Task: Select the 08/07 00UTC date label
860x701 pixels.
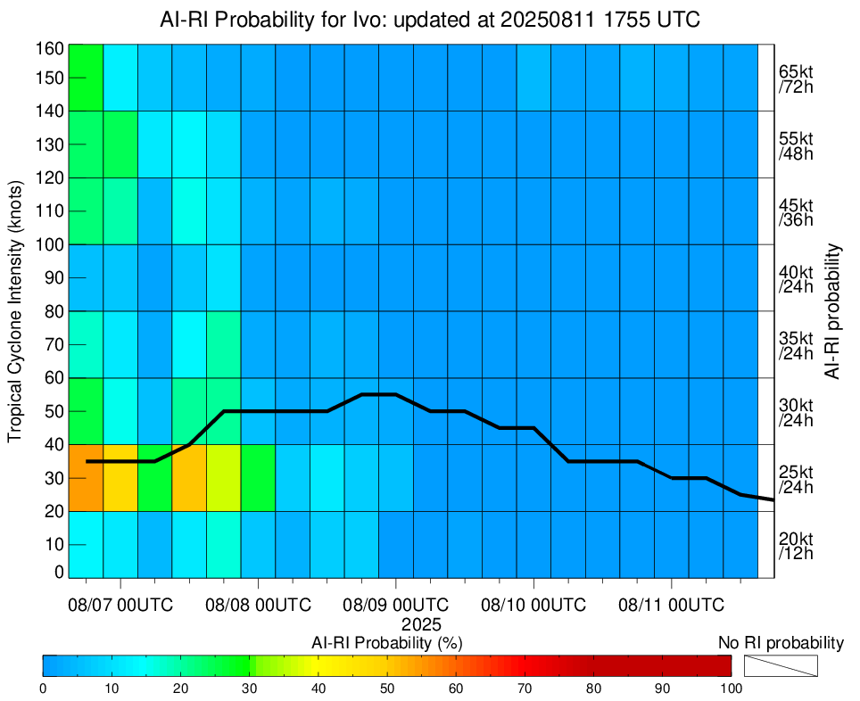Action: pos(120,606)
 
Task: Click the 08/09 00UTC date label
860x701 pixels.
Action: pos(396,606)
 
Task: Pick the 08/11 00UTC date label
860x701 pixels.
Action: pos(671,606)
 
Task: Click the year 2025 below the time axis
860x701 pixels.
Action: pos(421,623)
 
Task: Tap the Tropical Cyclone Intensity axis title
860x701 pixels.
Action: pos(15,309)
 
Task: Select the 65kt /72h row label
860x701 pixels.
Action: pos(795,78)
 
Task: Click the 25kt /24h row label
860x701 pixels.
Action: pos(795,479)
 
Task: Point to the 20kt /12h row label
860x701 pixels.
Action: pos(795,545)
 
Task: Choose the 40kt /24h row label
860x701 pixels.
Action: pos(795,278)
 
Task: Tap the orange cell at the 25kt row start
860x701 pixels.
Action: pos(86,477)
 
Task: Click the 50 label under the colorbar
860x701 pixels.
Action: pos(386,688)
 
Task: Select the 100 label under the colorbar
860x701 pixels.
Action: pos(731,688)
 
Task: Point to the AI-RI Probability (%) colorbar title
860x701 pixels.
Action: pos(386,642)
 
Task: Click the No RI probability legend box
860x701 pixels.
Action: pos(780,665)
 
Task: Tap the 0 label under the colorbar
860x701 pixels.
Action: pos(43,688)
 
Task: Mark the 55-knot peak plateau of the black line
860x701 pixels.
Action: pos(379,394)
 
